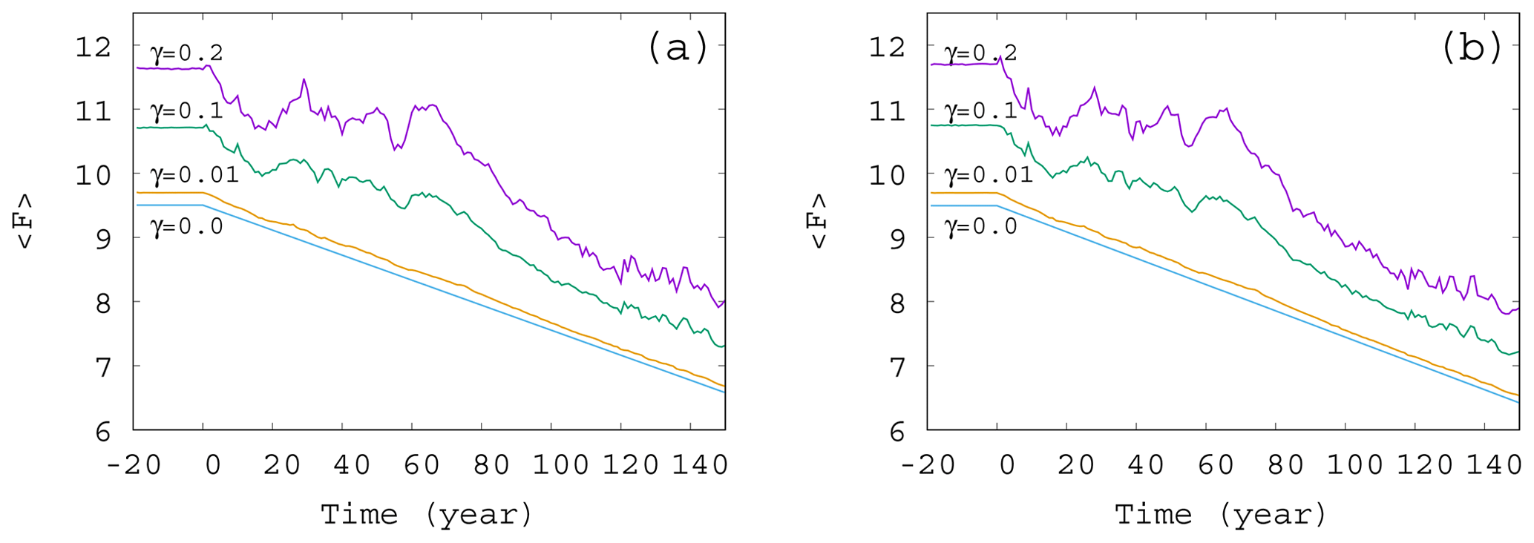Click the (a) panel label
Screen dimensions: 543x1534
click(x=678, y=48)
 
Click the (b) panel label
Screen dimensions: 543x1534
click(x=1472, y=48)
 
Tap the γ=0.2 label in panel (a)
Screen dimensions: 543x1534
click(x=187, y=53)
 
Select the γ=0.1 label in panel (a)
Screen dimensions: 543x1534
click(x=187, y=111)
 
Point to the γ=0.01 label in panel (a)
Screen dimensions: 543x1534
click(x=194, y=175)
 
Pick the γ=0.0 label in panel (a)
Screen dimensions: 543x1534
click(x=187, y=226)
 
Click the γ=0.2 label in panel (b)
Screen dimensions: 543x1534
click(x=981, y=53)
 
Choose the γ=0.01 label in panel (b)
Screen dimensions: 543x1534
click(x=989, y=175)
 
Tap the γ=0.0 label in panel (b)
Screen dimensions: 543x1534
click(x=981, y=226)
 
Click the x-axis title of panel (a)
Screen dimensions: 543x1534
click(x=427, y=514)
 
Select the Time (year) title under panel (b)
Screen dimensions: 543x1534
click(x=1221, y=514)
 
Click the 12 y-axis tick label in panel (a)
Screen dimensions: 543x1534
click(x=94, y=47)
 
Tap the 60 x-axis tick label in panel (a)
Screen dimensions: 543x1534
click(x=422, y=465)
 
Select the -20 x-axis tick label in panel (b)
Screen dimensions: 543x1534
click(x=928, y=465)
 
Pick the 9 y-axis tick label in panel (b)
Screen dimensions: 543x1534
click(x=897, y=240)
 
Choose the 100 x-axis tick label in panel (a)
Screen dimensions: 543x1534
click(x=561, y=465)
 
